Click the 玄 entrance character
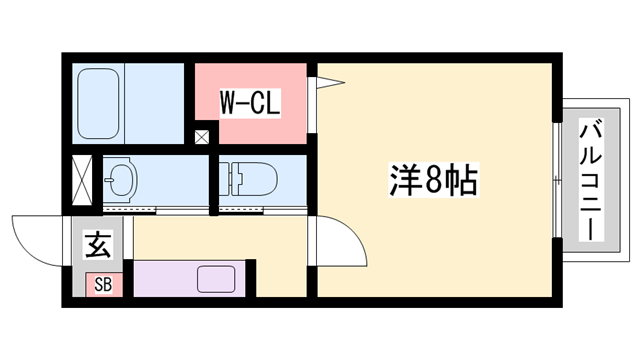97,243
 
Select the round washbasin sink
122,179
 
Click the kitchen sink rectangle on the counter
215,278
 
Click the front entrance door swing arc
40,240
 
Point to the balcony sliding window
556,180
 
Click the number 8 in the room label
432,181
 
